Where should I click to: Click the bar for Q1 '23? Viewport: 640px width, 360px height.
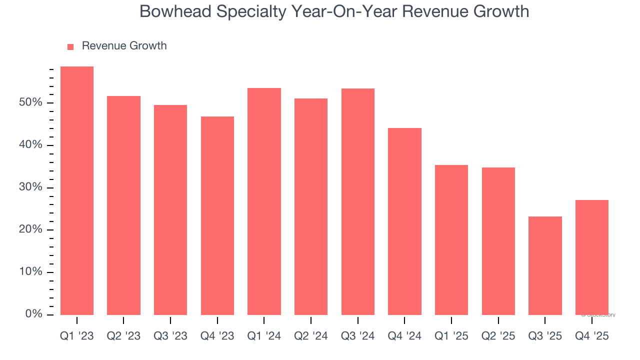pos(76,190)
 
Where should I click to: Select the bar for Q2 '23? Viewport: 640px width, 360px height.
pos(123,205)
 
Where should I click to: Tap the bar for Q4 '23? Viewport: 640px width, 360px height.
pos(217,215)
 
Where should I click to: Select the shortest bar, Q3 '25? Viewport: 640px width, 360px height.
pos(545,265)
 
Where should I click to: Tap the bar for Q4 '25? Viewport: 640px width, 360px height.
pos(592,257)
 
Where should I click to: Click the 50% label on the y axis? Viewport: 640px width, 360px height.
pos(30,103)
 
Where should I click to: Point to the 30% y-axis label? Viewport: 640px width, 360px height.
pos(30,188)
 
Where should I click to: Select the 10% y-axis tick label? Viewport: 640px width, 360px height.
pos(30,272)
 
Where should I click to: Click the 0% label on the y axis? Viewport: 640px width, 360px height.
pos(33,314)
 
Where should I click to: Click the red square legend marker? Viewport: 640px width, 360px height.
pos(70,46)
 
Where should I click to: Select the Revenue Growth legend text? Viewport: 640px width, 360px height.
pos(124,46)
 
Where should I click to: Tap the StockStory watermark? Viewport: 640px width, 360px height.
pos(598,315)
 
